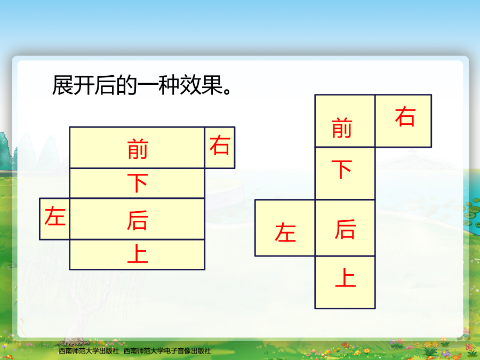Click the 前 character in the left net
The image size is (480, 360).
point(138,149)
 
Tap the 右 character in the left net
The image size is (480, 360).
point(220,146)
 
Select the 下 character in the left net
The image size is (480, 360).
point(138,183)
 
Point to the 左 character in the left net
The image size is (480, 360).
point(55,216)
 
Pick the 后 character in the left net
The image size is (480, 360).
point(138,220)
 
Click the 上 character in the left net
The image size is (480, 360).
point(138,253)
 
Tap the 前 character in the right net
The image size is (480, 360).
point(342,128)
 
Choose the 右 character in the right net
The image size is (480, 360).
point(405,116)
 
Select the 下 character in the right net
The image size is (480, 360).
point(342,169)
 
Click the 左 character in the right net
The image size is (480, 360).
point(285,232)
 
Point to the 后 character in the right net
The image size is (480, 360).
point(345,229)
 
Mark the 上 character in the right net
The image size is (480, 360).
point(346,277)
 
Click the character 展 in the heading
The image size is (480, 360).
point(62,85)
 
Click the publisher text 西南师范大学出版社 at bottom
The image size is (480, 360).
point(89,351)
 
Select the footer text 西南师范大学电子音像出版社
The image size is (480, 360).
point(167,351)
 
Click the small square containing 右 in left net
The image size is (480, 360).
point(220,148)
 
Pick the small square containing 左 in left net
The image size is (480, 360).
point(54,219)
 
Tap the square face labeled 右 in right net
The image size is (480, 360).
point(404,121)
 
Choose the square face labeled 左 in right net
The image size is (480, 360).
point(285,228)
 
